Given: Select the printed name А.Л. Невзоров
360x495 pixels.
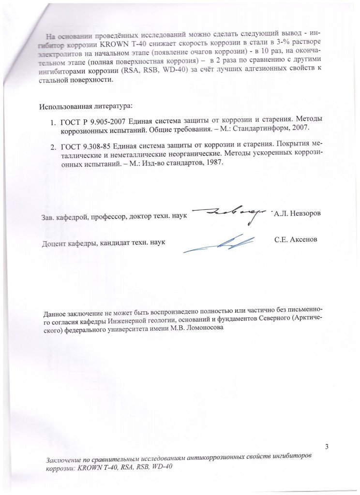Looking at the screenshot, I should (297, 214).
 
